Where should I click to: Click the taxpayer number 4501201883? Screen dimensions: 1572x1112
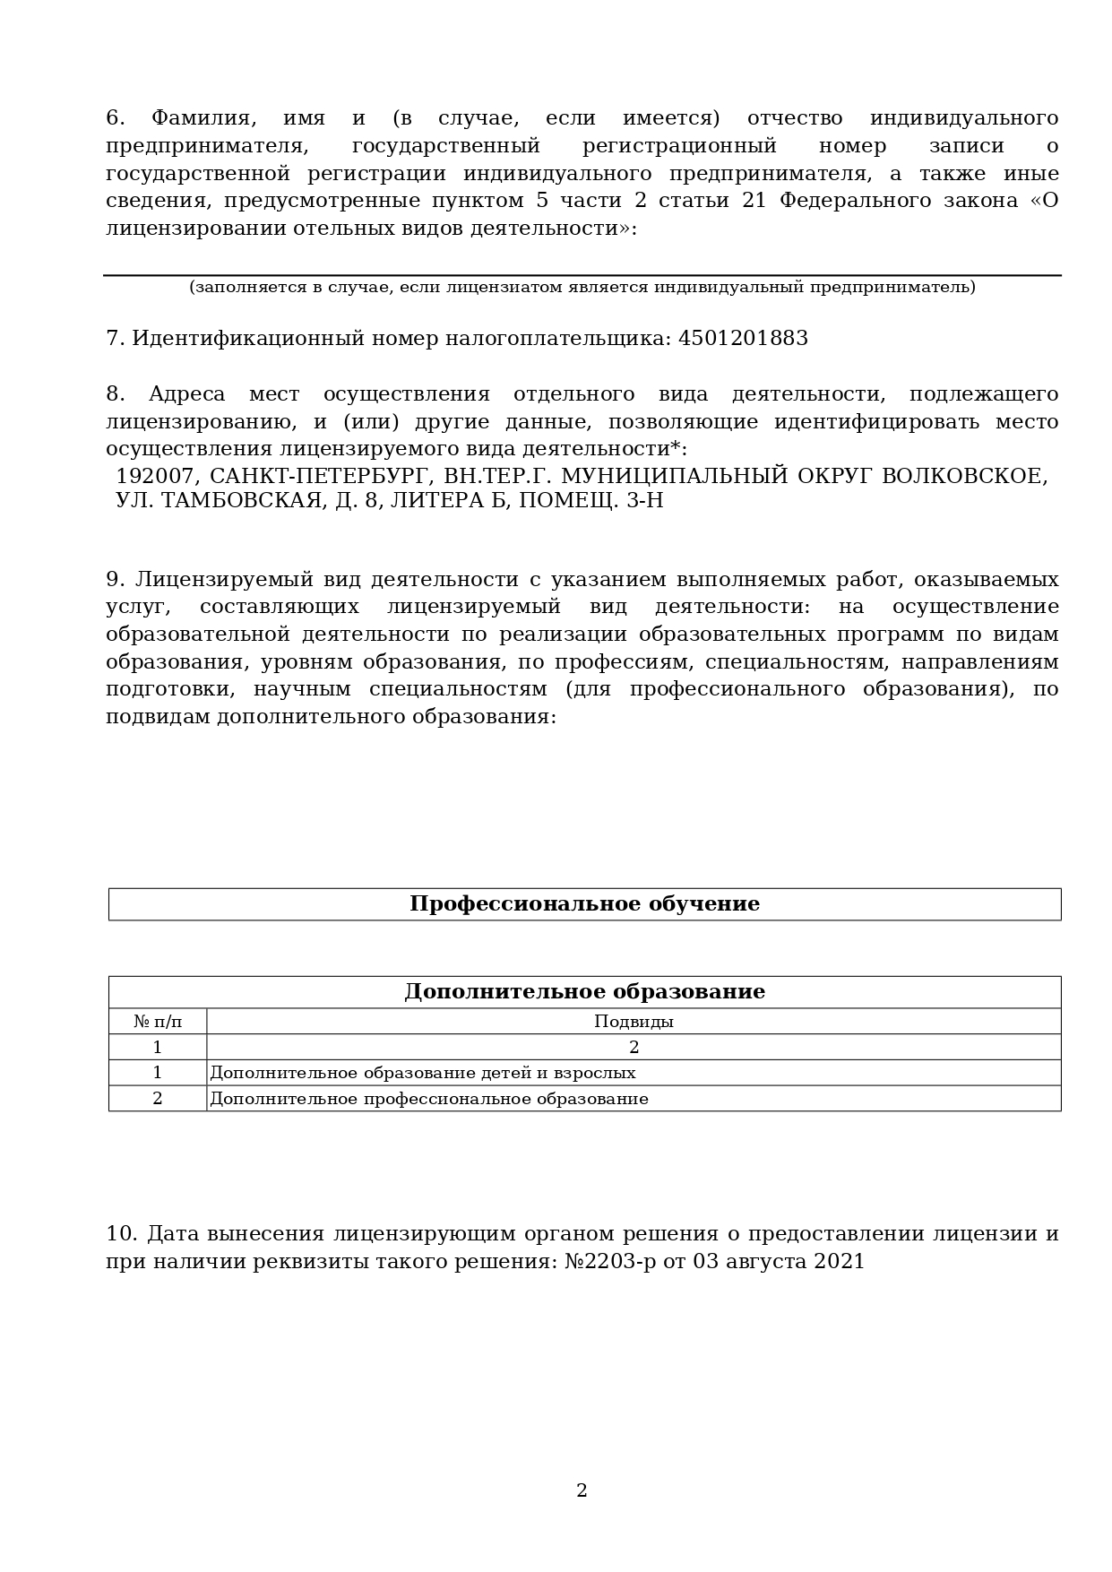pyautogui.click(x=743, y=339)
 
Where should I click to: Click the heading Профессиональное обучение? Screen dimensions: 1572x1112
pyautogui.click(x=584, y=903)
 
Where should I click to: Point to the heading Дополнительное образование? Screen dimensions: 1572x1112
pyautogui.click(x=584, y=991)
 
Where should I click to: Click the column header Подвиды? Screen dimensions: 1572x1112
pyautogui.click(x=634, y=1021)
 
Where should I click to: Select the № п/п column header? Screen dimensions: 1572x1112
pyautogui.click(x=158, y=1021)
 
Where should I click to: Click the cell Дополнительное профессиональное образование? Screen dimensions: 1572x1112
pyautogui.click(x=428, y=1099)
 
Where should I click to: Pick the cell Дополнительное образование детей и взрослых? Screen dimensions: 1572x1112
pyautogui.click(x=422, y=1073)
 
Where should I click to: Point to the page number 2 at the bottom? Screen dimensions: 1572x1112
pyautogui.click(x=582, y=1490)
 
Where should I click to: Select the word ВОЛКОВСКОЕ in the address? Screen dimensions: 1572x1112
pyautogui.click(x=964, y=476)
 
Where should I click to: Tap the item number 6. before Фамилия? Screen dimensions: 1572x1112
pyautogui.click(x=116, y=118)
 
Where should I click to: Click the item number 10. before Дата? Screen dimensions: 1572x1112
pyautogui.click(x=122, y=1234)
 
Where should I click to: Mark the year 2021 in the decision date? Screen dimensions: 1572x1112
pyautogui.click(x=840, y=1262)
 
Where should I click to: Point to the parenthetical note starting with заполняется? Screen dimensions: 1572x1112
pyautogui.click(x=582, y=287)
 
